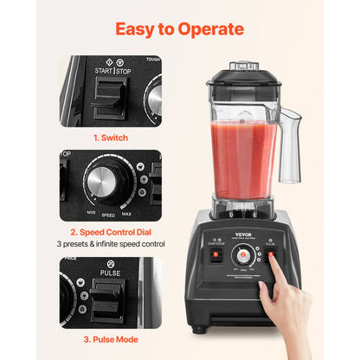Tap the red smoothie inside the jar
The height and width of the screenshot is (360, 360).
click(x=242, y=156)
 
